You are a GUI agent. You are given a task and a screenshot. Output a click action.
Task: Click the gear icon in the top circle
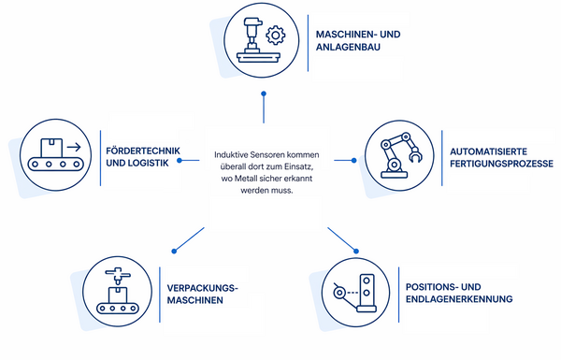276,36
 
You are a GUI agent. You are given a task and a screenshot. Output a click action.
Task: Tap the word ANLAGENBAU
348,48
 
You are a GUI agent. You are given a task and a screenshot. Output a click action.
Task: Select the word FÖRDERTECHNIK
143,151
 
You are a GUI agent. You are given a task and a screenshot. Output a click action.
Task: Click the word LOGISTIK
148,164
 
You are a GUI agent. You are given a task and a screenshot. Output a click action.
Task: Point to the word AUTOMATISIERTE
488,151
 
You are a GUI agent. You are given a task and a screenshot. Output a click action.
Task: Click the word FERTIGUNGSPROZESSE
501,164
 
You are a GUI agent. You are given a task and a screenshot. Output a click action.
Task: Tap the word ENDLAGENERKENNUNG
459,299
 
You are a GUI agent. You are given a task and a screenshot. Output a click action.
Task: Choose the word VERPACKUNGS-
203,288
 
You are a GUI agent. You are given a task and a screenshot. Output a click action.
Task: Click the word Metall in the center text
243,179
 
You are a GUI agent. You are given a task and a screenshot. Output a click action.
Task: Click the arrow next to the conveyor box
74,147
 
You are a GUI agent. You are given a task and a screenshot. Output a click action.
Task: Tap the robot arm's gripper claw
415,155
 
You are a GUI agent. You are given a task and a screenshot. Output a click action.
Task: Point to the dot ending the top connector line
264,94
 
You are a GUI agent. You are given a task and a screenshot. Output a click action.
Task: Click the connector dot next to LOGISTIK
180,160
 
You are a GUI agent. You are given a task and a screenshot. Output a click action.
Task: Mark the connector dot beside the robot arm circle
353,160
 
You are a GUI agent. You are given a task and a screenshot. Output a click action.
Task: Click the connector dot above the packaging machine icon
174,252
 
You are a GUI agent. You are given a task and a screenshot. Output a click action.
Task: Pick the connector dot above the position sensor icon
356,252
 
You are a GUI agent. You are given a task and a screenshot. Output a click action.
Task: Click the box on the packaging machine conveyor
118,295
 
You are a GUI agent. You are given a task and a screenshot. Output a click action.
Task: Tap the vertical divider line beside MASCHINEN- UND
308,43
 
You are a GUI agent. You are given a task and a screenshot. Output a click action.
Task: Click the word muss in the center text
284,191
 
